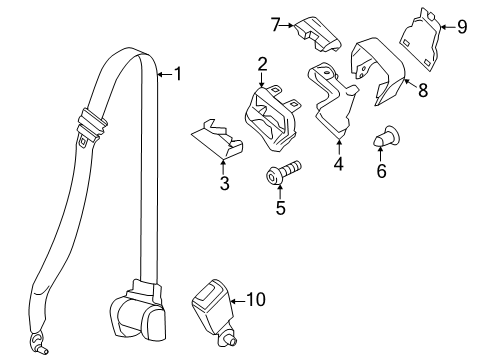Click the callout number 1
point(180,73)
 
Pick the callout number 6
point(381,171)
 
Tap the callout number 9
point(462,27)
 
